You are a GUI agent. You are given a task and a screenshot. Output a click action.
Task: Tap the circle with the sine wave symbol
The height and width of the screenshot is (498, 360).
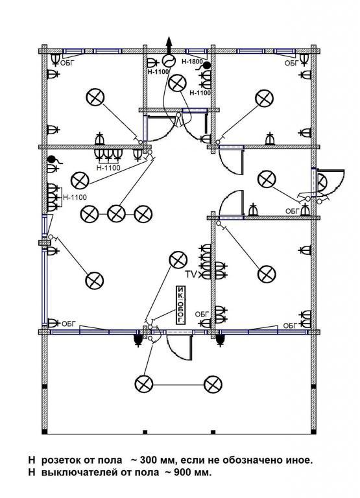point(169,60)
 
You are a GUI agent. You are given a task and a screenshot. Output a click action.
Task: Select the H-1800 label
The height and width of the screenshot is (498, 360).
point(192,62)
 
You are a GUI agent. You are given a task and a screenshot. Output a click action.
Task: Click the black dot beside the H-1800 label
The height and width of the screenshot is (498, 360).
point(207,65)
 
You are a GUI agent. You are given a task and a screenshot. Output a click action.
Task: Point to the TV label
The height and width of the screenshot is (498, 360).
point(191,274)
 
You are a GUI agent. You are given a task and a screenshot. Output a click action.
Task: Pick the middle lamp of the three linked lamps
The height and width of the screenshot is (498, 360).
point(116,214)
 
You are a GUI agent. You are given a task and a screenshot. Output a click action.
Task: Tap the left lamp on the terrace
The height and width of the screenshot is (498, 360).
point(144,384)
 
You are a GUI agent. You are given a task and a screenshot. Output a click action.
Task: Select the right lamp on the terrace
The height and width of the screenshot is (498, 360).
point(213,385)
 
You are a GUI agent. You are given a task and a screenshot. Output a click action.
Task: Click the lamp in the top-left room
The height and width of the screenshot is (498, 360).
point(95,97)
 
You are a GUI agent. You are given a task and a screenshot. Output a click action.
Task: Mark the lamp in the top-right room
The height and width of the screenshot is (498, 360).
point(264,98)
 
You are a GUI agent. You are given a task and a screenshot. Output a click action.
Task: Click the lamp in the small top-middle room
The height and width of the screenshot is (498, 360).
point(177,83)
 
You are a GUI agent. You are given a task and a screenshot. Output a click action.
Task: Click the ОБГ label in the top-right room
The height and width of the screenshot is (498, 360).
point(291,63)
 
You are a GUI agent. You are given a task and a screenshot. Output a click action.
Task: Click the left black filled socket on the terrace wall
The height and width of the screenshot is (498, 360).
point(138,340)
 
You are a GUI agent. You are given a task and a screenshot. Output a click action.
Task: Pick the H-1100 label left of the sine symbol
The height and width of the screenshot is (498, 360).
point(158,72)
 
